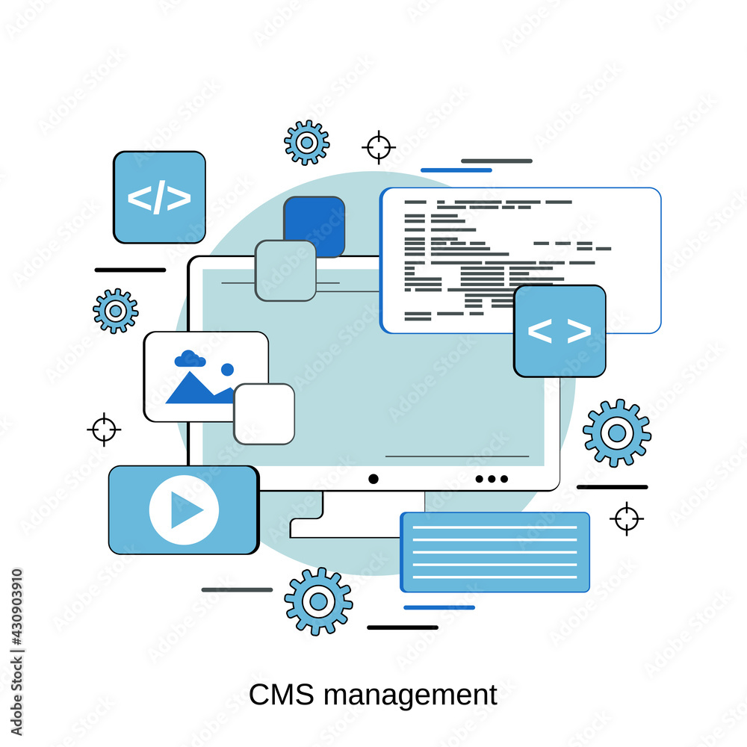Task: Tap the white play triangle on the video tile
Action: point(185,510)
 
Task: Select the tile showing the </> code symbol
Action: point(159,197)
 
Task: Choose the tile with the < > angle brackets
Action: point(560,331)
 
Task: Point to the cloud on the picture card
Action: point(190,359)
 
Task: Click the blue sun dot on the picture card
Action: point(227,369)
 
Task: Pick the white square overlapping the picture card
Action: point(264,414)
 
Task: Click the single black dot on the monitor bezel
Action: point(373,479)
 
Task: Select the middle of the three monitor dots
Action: point(492,479)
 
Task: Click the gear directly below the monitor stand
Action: point(318,601)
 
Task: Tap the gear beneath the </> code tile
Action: point(116,311)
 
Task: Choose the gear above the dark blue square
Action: point(306,142)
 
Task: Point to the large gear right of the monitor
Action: point(616,433)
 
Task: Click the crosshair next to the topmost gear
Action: point(379,147)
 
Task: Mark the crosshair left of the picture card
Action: point(104,430)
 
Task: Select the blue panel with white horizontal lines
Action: point(495,552)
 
